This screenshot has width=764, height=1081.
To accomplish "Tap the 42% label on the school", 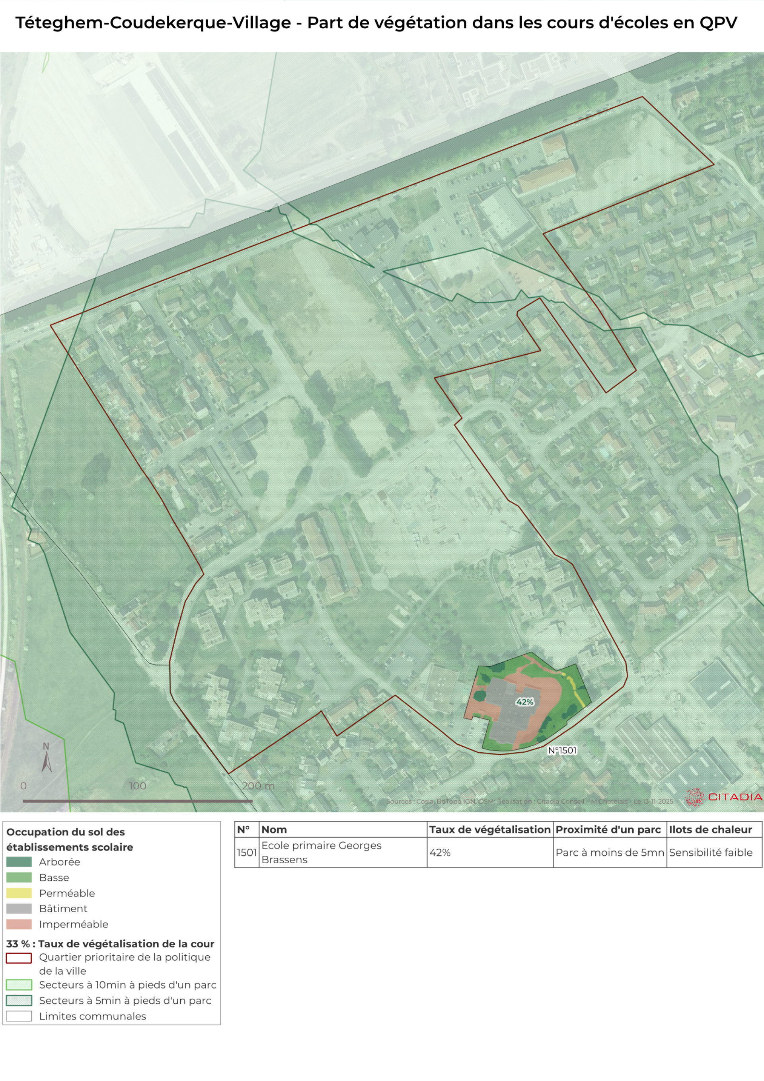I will click(525, 702).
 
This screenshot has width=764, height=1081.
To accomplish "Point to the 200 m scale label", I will click(258, 785).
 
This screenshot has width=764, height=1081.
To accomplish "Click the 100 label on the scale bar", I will click(137, 785).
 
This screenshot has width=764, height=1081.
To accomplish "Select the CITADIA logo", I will click(724, 797).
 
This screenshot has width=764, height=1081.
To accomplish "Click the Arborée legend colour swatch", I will click(19, 862).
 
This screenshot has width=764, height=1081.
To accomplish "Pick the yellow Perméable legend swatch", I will click(19, 893).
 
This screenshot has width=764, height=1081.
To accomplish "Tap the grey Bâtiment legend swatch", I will click(19, 908).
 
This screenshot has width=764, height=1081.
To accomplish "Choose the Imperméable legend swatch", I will click(19, 924).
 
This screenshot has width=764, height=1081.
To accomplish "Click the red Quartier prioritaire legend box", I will click(19, 958).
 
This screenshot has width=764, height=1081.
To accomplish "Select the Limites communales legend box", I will click(19, 1016).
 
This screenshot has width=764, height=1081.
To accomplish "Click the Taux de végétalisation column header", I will click(489, 829).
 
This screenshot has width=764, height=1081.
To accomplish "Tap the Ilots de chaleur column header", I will click(710, 829).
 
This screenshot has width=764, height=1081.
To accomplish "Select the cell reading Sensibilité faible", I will click(710, 852).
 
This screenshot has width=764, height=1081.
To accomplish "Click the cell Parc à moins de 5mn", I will click(610, 852).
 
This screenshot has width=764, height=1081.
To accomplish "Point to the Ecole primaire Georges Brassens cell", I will click(321, 852).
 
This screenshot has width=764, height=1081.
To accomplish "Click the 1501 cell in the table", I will click(247, 852).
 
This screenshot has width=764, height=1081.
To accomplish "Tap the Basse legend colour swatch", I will click(19, 877).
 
